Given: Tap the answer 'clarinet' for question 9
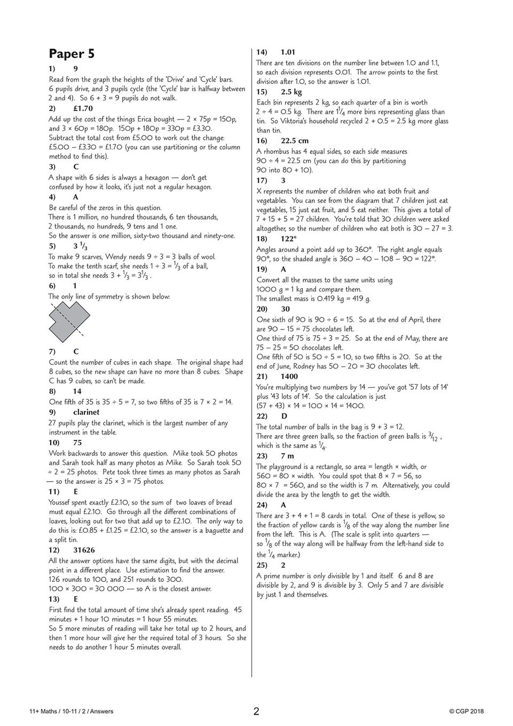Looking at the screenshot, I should [86, 412].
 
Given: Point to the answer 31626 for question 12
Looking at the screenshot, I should [85, 550].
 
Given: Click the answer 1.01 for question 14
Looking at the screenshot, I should [288, 52].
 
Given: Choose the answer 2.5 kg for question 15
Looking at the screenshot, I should [291, 92].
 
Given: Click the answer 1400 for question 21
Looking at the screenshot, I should [289, 376].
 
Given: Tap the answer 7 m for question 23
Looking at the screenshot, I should [287, 456].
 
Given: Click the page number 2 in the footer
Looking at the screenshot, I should [256, 711].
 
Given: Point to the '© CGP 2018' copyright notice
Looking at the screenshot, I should [467, 711].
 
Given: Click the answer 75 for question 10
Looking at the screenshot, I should [77, 443].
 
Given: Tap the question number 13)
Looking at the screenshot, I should [54, 599].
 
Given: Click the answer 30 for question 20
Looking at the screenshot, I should [286, 309].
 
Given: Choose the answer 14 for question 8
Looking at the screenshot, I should [77, 391].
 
